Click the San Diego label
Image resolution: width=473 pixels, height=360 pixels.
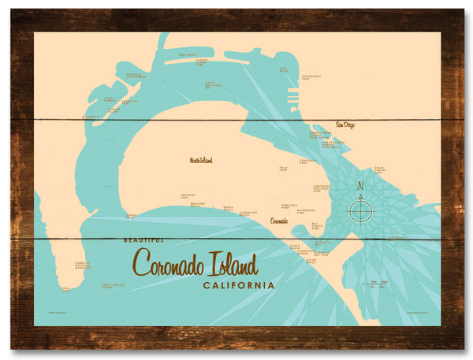tap(348, 124)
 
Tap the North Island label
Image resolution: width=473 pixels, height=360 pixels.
tap(201, 160)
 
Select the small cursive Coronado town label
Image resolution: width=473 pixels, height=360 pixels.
tap(279, 221)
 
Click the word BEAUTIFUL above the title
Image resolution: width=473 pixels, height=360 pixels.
tap(143, 239)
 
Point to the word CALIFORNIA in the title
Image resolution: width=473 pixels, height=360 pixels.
tap(239, 285)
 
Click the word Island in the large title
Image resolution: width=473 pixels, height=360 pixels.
tap(229, 261)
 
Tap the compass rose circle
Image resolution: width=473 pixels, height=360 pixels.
tap(361, 210)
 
